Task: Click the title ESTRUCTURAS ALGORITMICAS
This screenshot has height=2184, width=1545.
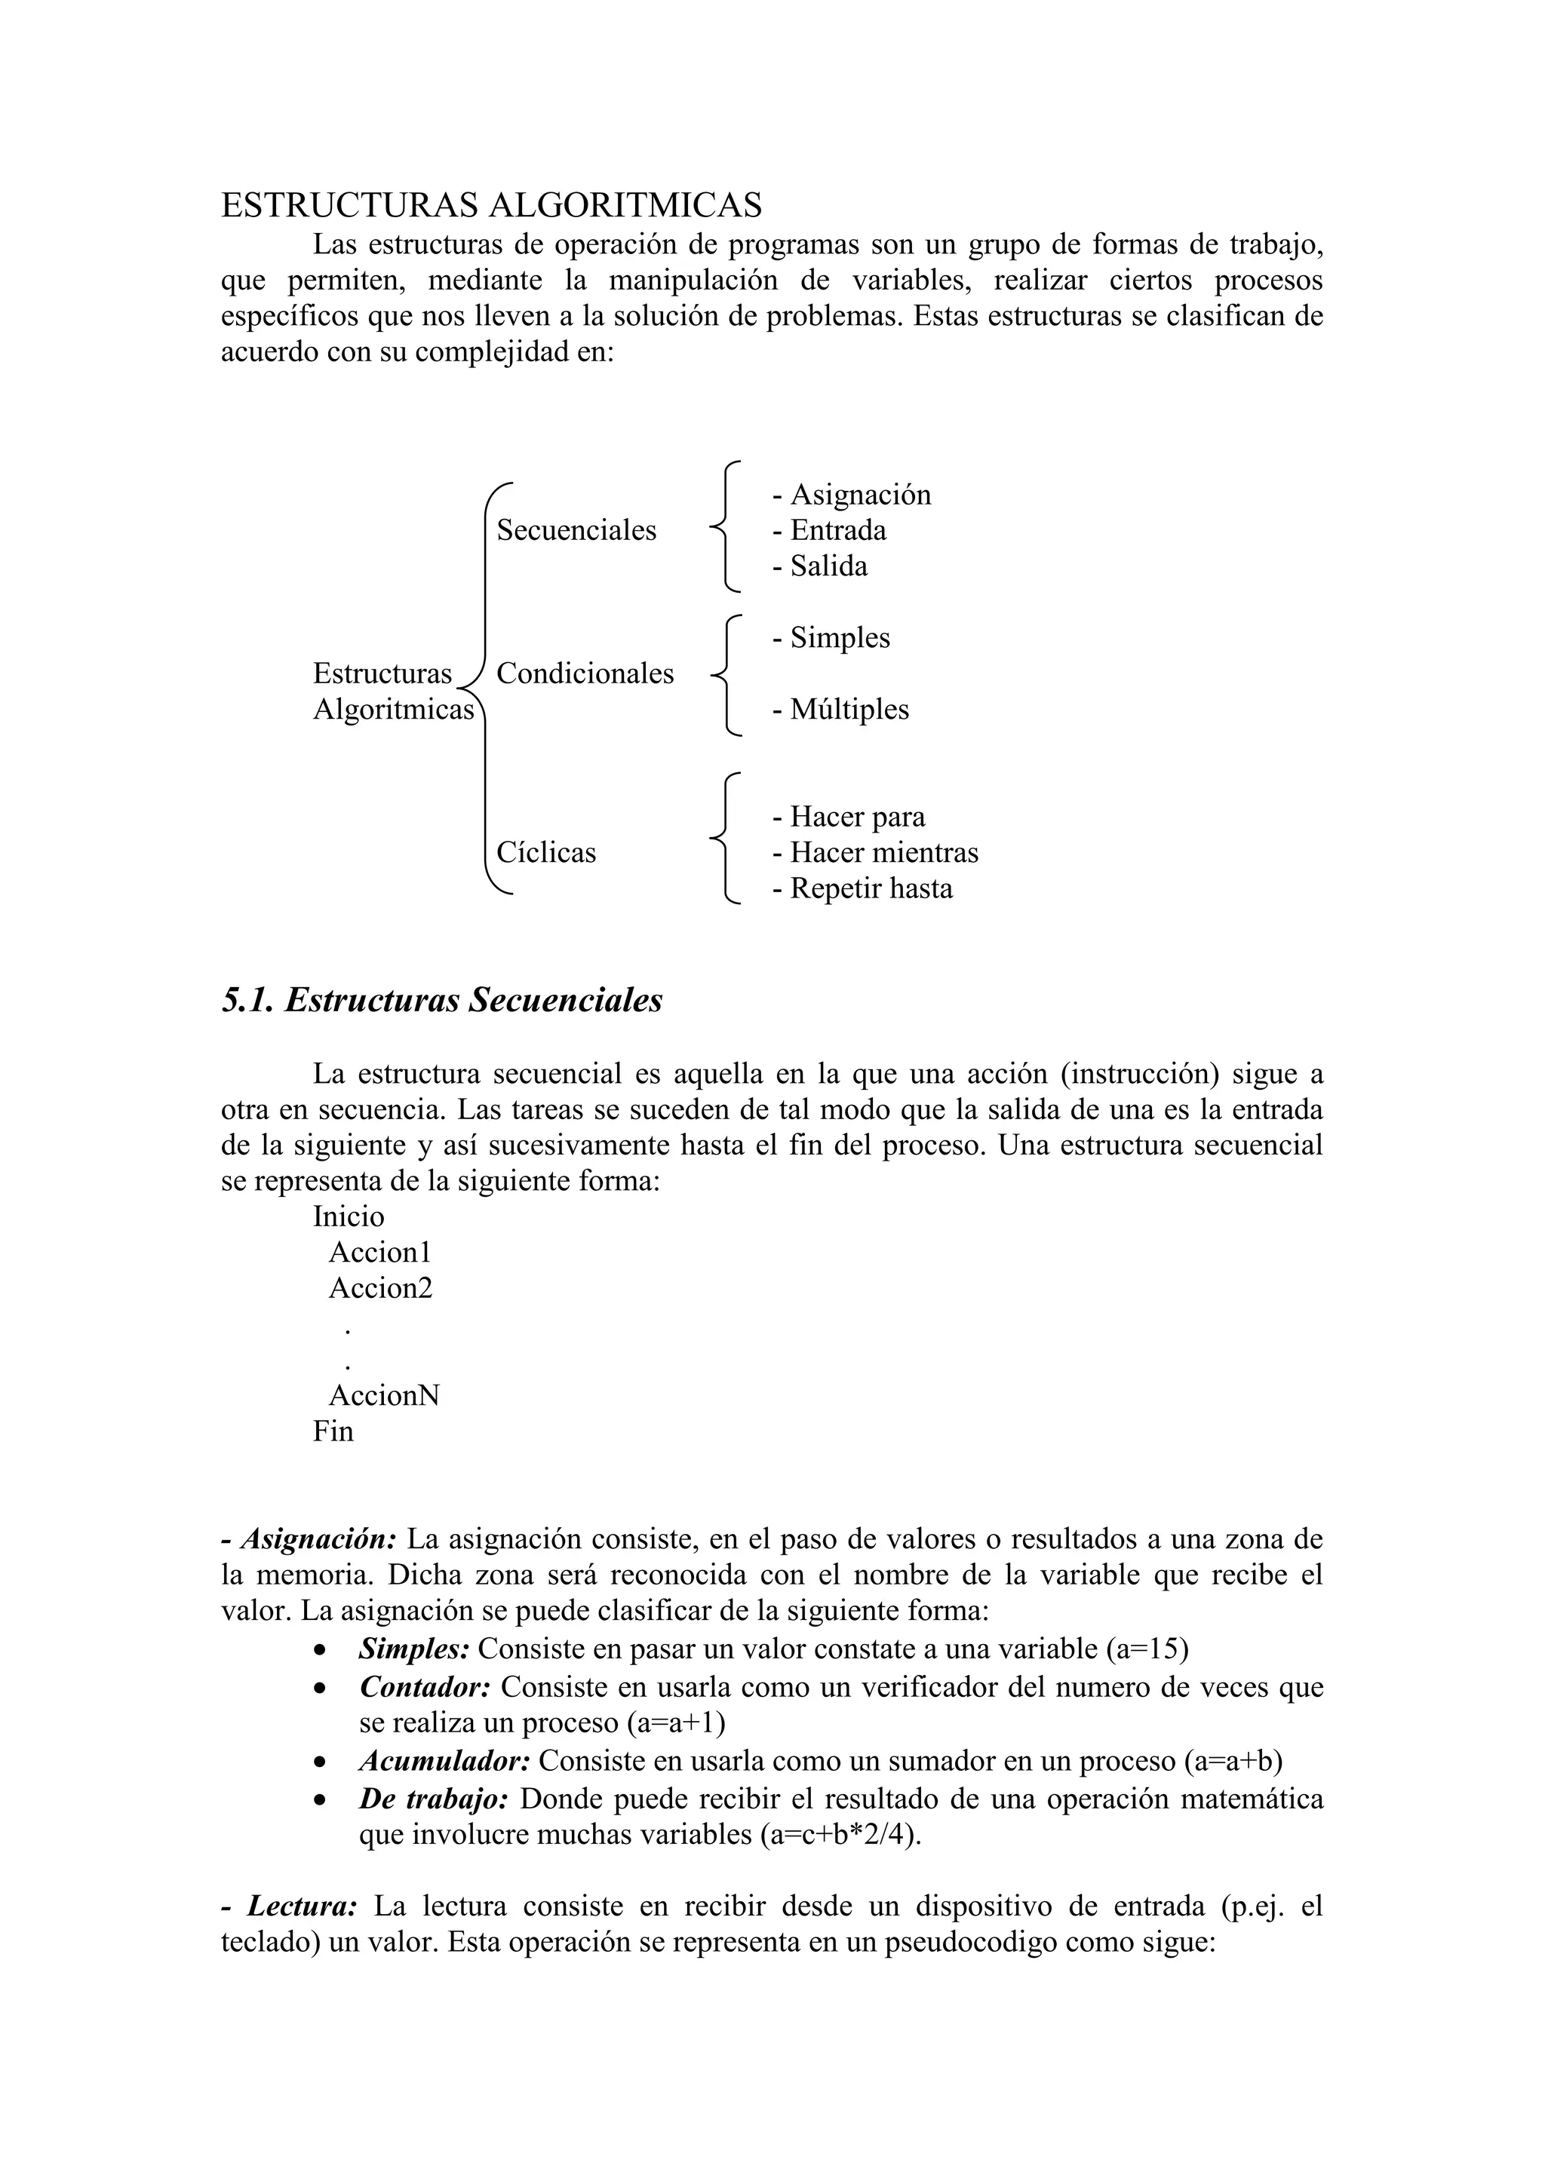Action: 491,205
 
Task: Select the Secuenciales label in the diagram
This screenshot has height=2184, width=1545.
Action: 576,530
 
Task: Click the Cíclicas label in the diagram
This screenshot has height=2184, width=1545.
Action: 546,852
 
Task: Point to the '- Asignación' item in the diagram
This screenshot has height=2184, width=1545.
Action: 852,495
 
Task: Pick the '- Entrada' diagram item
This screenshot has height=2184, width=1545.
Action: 828,530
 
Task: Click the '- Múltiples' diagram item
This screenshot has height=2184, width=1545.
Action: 840,710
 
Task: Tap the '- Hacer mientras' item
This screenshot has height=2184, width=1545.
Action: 874,852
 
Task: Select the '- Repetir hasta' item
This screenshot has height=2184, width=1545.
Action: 862,888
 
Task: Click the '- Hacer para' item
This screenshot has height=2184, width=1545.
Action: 848,817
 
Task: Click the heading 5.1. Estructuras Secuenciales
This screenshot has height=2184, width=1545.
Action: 441,1001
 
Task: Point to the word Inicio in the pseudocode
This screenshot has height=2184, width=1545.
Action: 349,1216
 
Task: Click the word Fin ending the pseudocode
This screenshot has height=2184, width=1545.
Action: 333,1431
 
